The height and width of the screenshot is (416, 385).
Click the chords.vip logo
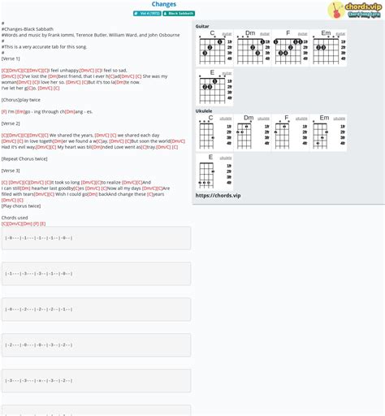(x=355, y=10)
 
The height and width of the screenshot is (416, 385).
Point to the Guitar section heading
(x=202, y=26)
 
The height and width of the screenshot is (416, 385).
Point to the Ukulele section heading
(x=204, y=110)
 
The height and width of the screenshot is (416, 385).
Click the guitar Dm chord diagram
(x=250, y=49)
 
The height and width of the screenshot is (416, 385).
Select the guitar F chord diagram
(x=289, y=49)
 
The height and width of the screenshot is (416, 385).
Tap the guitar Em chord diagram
(x=327, y=49)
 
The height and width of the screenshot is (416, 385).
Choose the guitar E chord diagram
(x=213, y=88)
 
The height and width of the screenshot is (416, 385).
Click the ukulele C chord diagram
(x=213, y=133)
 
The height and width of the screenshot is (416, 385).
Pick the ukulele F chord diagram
(x=289, y=133)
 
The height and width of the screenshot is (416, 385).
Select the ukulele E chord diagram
(x=213, y=172)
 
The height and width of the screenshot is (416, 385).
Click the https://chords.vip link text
(x=218, y=195)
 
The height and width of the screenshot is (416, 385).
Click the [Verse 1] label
(x=11, y=58)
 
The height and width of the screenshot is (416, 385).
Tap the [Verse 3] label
(x=11, y=171)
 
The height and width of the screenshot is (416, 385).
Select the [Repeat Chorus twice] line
(x=25, y=158)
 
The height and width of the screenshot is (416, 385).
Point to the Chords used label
(x=15, y=217)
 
